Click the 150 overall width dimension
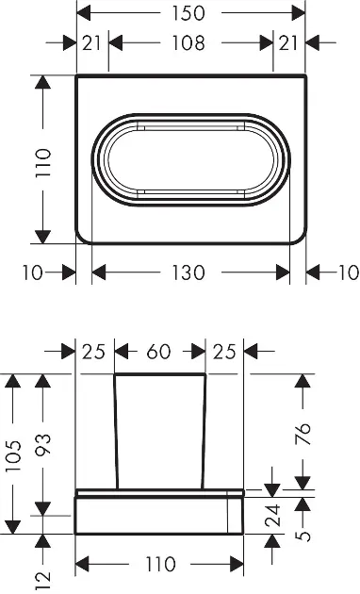point(188,13)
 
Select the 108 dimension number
point(188,42)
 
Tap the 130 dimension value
point(188,272)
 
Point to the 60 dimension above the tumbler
point(159,352)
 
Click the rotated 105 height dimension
point(13,455)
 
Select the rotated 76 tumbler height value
point(303,434)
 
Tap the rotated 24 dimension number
point(273,515)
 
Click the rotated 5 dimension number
point(303,536)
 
